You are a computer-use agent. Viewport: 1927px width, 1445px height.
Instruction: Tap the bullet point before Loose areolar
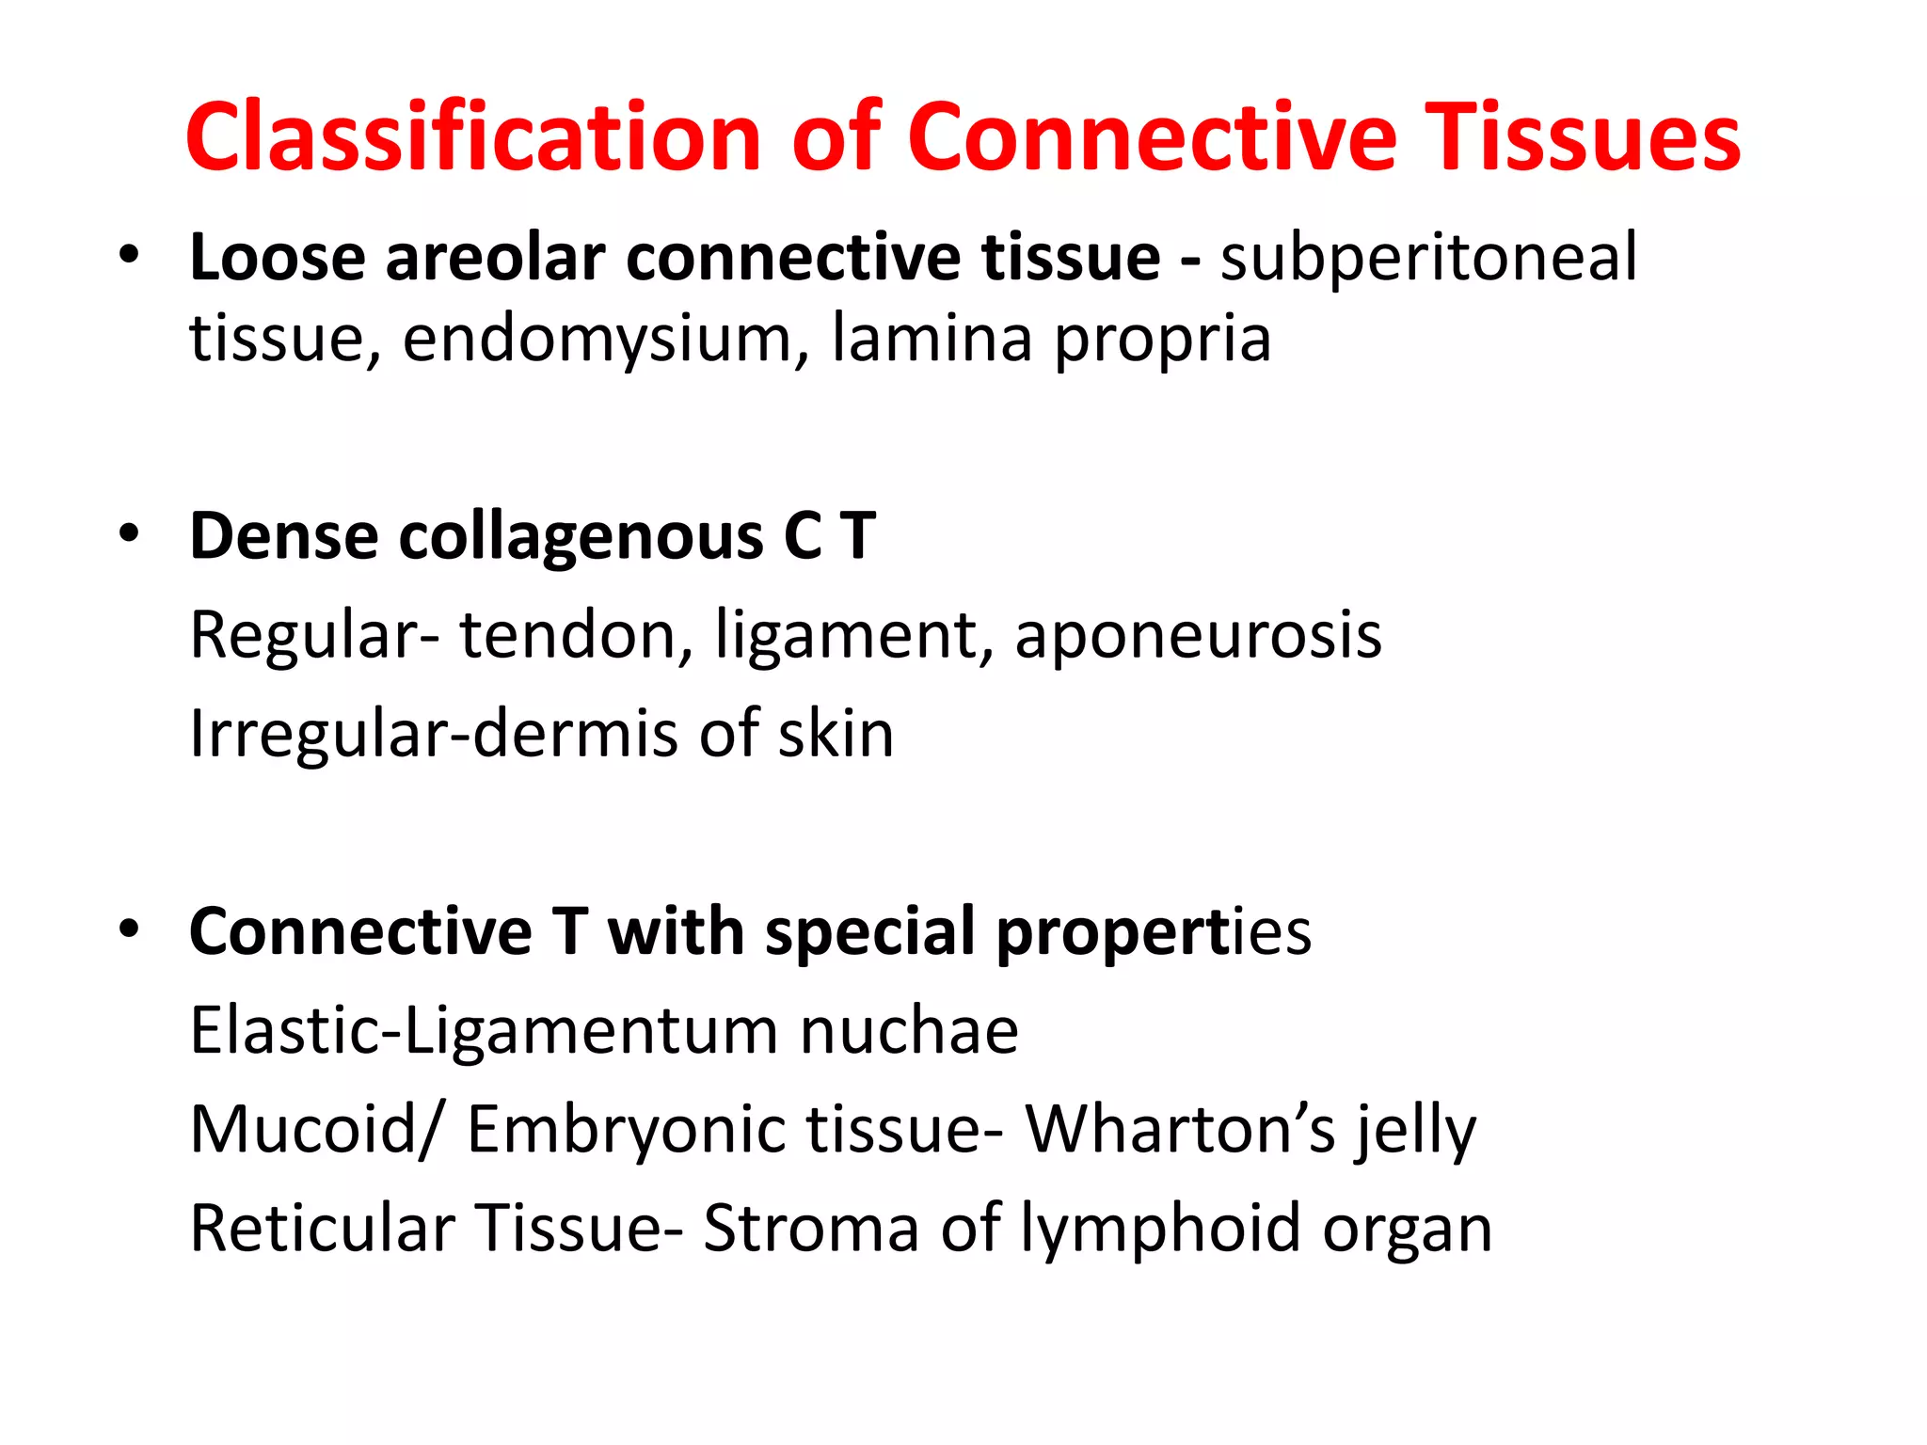(x=129, y=255)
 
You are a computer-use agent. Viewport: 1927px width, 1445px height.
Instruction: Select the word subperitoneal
(x=1428, y=257)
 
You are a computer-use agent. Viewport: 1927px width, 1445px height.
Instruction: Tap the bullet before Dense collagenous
(x=129, y=534)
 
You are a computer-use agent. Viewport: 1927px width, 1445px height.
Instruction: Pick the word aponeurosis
(x=1198, y=637)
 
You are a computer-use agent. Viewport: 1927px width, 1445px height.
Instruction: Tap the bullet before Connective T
(x=129, y=929)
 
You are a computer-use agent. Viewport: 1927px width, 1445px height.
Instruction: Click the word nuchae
(x=909, y=1030)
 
